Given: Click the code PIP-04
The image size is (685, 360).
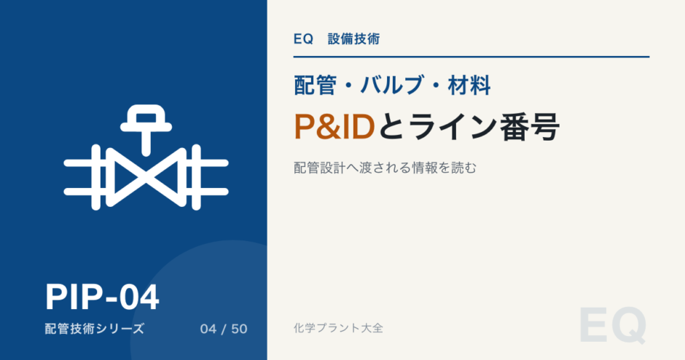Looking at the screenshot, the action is click(x=102, y=297).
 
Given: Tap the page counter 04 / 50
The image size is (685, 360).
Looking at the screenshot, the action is click(x=224, y=329).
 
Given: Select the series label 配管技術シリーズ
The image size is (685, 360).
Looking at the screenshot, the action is click(x=94, y=329).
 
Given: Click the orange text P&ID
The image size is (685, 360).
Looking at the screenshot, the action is click(x=334, y=127).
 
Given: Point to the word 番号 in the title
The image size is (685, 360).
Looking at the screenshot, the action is click(x=531, y=127).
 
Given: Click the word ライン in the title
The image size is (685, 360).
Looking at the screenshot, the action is click(x=454, y=127).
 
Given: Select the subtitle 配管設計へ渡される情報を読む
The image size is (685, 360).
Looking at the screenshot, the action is click(x=385, y=168).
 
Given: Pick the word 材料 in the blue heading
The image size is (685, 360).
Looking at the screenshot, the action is click(x=469, y=85).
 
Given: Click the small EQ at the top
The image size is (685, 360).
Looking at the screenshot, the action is click(x=303, y=39).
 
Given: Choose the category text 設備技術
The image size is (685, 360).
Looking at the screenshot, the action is click(x=354, y=39).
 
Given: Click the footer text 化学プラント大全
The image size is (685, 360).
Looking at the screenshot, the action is click(x=339, y=328).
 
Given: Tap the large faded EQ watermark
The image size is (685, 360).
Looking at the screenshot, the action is click(x=612, y=326).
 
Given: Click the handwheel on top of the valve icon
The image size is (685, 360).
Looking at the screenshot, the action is click(x=146, y=118).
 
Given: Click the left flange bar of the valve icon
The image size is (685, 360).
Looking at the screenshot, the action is click(x=95, y=177).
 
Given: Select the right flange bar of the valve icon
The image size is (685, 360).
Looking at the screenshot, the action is click(x=196, y=177).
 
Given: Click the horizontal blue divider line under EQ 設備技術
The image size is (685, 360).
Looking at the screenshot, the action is click(x=471, y=57).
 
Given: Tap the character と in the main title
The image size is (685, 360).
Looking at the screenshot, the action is click(x=391, y=127).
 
